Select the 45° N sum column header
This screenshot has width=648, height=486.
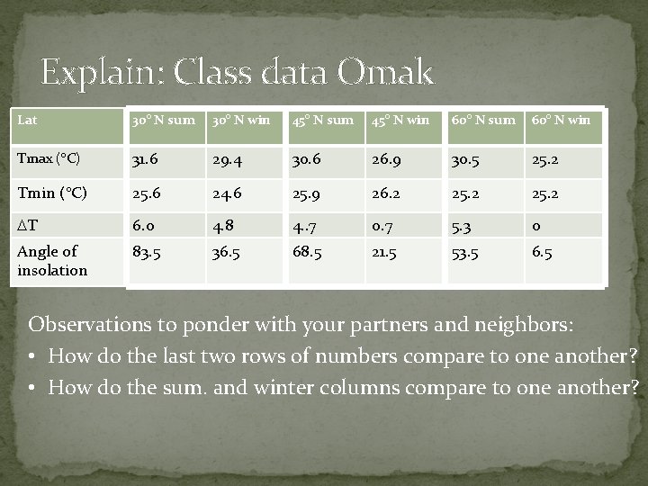321,121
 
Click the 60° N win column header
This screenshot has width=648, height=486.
561,121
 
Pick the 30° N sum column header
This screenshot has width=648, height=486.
163,121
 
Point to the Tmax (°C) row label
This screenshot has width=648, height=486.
49,159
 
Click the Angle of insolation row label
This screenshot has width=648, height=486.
52,261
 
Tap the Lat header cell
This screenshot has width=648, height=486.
28,120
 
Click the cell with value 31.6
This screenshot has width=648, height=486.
145,160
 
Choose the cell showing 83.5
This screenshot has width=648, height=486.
147,252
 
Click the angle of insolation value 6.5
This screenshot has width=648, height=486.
542,252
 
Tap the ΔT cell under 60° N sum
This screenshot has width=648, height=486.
462,225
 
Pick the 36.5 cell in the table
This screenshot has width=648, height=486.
226,252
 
